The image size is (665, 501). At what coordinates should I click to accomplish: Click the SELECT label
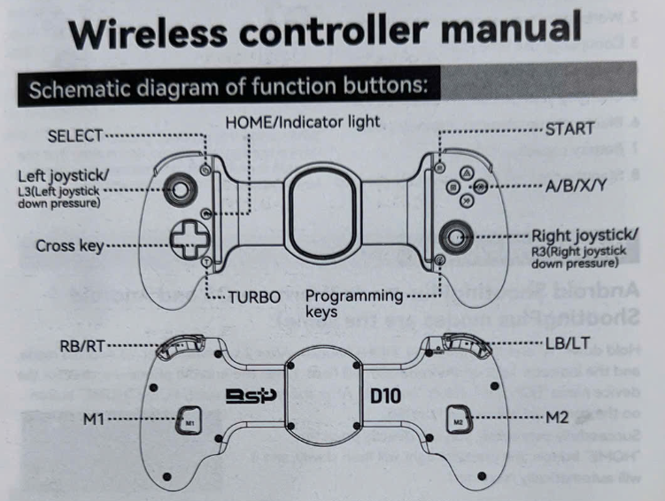(74, 135)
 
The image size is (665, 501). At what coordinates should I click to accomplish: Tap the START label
(569, 129)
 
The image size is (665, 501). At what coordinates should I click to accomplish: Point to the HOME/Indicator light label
(302, 120)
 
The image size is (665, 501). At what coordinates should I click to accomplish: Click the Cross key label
(70, 245)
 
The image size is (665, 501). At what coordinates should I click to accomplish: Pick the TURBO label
(254, 296)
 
